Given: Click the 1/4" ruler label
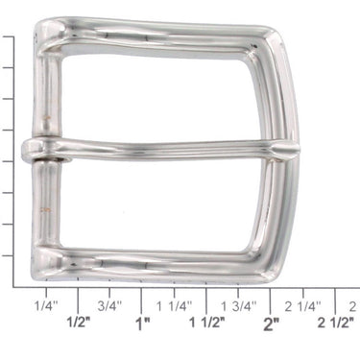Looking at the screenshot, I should pos(46,306).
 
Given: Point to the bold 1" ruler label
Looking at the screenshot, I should pos(143,324).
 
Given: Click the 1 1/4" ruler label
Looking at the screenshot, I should pos(174,306).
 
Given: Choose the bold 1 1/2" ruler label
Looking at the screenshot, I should pos(206,324).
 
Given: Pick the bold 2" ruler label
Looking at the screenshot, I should pos(272,324).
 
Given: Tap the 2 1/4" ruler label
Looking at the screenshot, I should pos(303,306).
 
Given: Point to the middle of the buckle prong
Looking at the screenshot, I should pos(163,151).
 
